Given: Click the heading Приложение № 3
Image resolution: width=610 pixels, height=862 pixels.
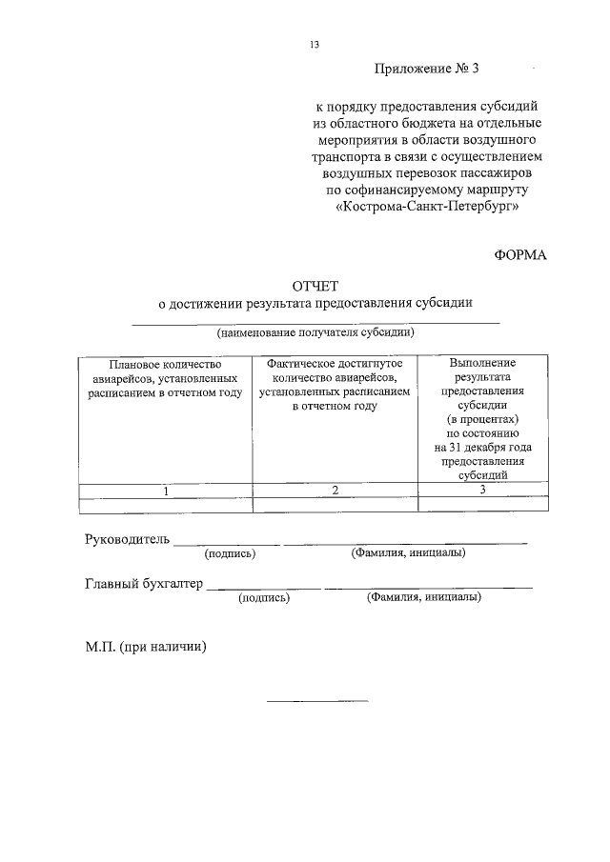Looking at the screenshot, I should pyautogui.click(x=424, y=69).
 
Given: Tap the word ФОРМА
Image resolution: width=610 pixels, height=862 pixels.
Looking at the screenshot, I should pyautogui.click(x=520, y=254).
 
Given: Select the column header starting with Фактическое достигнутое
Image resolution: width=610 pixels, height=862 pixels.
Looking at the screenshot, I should pyautogui.click(x=335, y=384).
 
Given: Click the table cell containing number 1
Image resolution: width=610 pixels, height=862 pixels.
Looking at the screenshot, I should pyautogui.click(x=165, y=491).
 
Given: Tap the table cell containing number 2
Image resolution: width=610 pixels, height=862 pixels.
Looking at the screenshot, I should pyautogui.click(x=335, y=491).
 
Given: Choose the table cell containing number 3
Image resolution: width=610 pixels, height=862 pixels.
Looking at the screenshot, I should pyautogui.click(x=482, y=490).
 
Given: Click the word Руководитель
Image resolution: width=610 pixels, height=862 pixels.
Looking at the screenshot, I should pyautogui.click(x=128, y=539).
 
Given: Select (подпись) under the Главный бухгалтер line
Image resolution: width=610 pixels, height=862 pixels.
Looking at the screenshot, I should pyautogui.click(x=264, y=598).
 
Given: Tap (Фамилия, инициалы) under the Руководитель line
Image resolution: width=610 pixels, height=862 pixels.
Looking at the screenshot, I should pyautogui.click(x=408, y=551).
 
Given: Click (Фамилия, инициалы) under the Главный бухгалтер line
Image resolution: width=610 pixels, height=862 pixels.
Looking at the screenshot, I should pyautogui.click(x=423, y=597).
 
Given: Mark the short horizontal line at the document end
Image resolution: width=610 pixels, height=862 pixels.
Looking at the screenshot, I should pyautogui.click(x=316, y=701).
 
